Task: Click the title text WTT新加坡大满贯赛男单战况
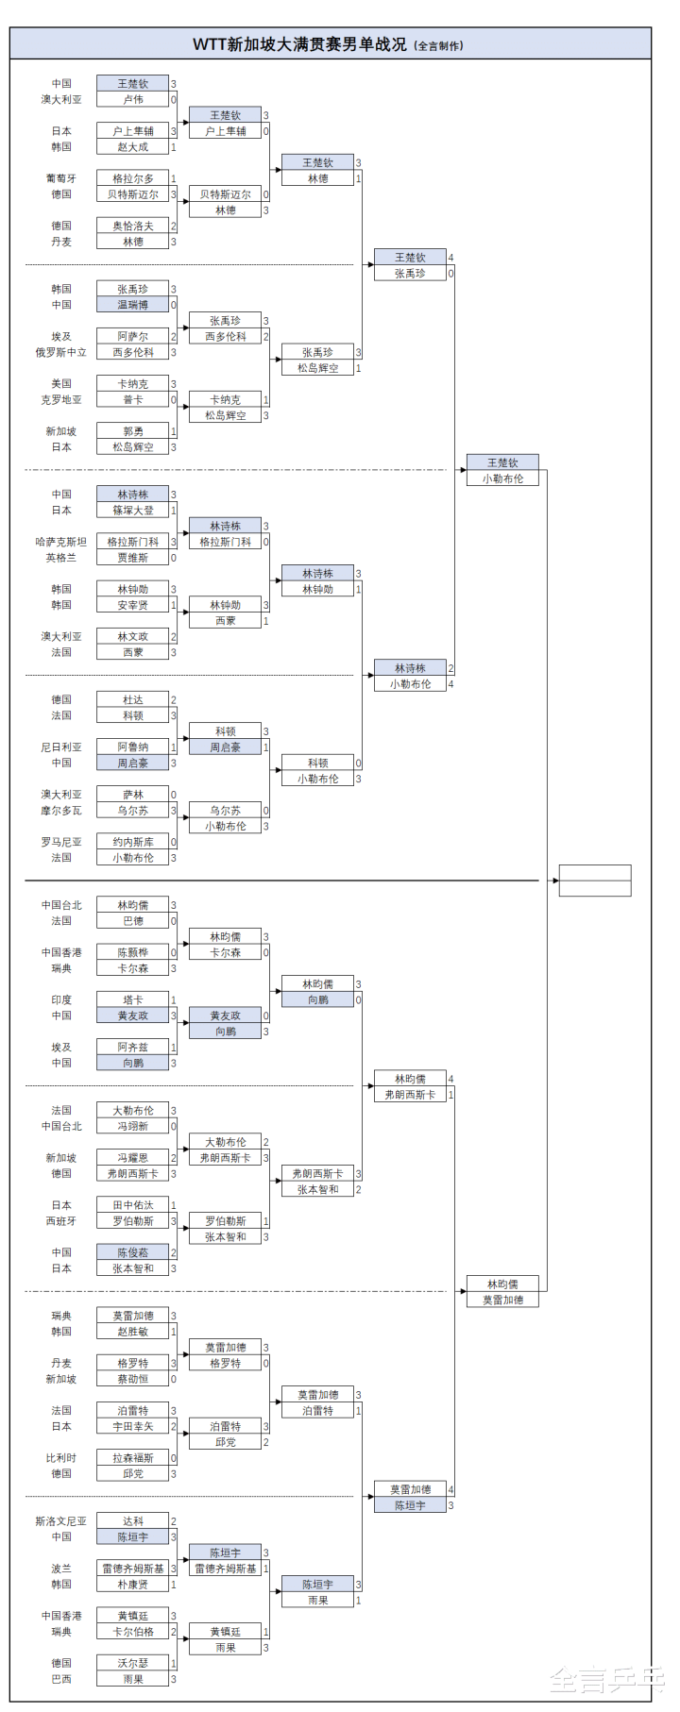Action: pos(299,44)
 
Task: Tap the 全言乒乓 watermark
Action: pos(606,1680)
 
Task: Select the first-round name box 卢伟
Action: pos(132,99)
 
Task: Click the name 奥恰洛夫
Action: pos(132,226)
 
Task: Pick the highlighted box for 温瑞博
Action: pos(132,305)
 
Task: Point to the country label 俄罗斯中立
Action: pos(61,352)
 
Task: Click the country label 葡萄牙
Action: pos(61,178)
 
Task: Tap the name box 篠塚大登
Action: pos(132,511)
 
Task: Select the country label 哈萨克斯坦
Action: pos(61,542)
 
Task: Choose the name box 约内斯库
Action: pos(132,842)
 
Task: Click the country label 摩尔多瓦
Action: pos(61,811)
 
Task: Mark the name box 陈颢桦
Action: pos(132,952)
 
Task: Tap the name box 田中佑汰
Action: pos(132,1205)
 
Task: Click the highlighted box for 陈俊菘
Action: pos(132,1252)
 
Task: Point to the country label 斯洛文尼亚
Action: pos(61,1521)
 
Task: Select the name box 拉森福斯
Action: pos(132,1458)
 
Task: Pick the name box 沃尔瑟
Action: pos(132,1663)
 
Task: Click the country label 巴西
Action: pos(61,1679)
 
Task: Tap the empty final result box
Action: pos(594,881)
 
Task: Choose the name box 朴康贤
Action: pos(132,1585)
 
